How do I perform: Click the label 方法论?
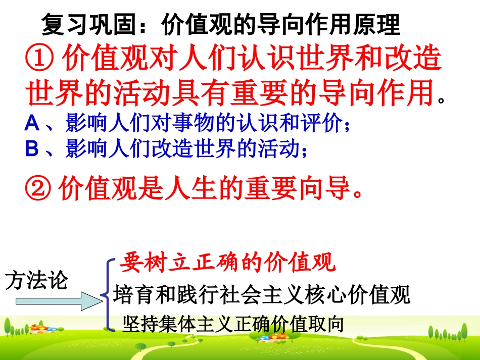[36, 280]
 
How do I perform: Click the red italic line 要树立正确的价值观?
[227, 263]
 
